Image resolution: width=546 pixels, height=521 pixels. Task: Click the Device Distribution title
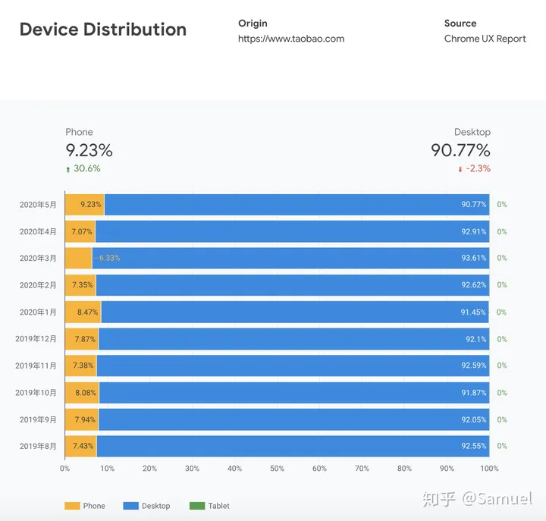coord(102,30)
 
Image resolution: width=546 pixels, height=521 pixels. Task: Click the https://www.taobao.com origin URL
coord(290,39)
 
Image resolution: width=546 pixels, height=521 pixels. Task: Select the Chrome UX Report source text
coord(485,39)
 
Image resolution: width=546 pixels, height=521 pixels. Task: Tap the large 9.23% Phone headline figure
coord(89,150)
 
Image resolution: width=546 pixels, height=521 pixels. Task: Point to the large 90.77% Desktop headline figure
coord(460,150)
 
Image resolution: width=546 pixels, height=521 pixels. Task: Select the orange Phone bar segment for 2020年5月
coord(84,204)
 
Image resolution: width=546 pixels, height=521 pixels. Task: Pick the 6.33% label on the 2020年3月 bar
coord(108,258)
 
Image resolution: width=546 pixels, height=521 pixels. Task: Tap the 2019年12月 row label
coord(36,339)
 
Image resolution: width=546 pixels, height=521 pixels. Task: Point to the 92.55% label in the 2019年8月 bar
coord(473,446)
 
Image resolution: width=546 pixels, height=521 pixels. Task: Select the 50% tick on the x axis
coord(277,468)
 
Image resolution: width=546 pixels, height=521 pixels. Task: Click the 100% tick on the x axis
coord(489,468)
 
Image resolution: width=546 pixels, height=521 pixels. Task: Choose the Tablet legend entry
coord(218,506)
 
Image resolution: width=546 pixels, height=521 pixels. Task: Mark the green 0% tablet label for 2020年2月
coord(502,285)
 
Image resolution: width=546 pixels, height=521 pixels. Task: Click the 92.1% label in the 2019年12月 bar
coord(475,339)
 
